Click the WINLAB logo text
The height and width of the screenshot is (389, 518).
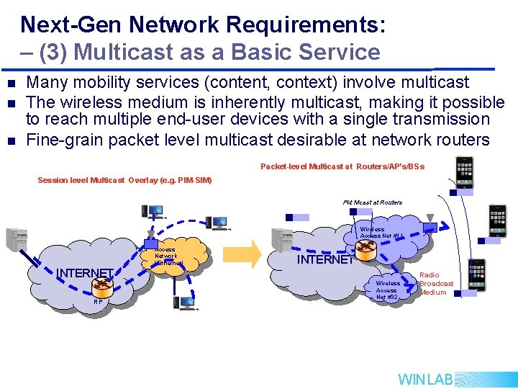425,379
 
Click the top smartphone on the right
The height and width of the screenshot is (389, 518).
465,171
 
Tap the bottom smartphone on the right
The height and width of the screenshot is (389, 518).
476,274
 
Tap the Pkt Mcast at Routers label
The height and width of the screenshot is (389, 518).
372,202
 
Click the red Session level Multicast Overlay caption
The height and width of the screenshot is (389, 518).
124,179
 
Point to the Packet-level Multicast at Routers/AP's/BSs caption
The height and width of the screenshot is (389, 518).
342,166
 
